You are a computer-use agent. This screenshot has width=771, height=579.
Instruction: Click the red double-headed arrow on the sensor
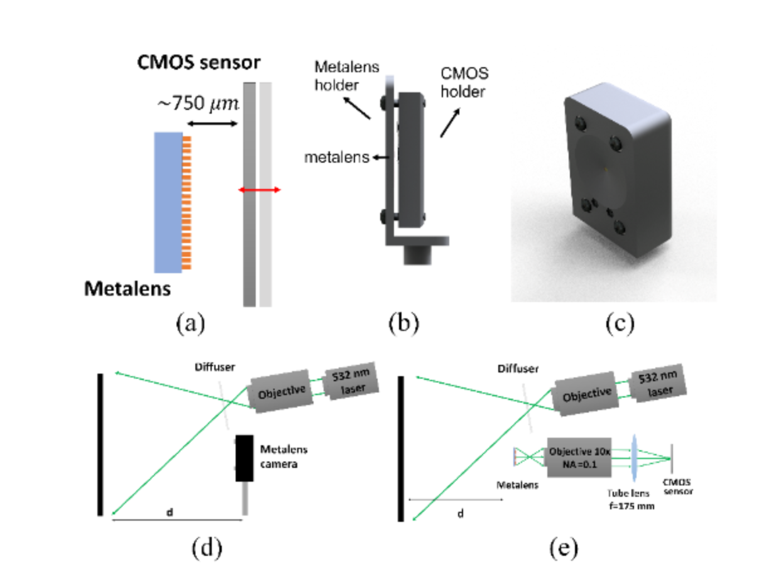click(x=260, y=190)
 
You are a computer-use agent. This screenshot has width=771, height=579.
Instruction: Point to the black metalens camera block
click(x=244, y=458)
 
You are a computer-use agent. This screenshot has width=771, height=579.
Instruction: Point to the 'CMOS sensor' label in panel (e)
click(x=675, y=487)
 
